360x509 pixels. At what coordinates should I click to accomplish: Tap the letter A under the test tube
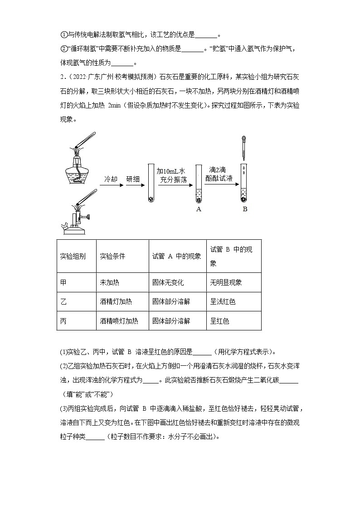click(199, 209)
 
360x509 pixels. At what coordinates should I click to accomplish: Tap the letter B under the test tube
click(245, 209)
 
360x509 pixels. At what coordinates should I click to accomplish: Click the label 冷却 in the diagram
click(111, 179)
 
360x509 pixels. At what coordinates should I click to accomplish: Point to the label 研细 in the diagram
click(133, 179)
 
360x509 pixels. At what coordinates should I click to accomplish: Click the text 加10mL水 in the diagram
click(171, 171)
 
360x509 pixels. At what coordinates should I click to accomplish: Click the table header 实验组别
click(73, 256)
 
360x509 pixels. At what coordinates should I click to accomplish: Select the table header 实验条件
click(112, 256)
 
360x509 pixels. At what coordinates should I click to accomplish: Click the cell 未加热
click(109, 282)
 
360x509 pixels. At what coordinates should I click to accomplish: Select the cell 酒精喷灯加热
click(119, 321)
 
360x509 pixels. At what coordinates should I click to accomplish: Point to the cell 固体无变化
click(168, 282)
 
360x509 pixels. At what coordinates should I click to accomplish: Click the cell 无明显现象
click(226, 282)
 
